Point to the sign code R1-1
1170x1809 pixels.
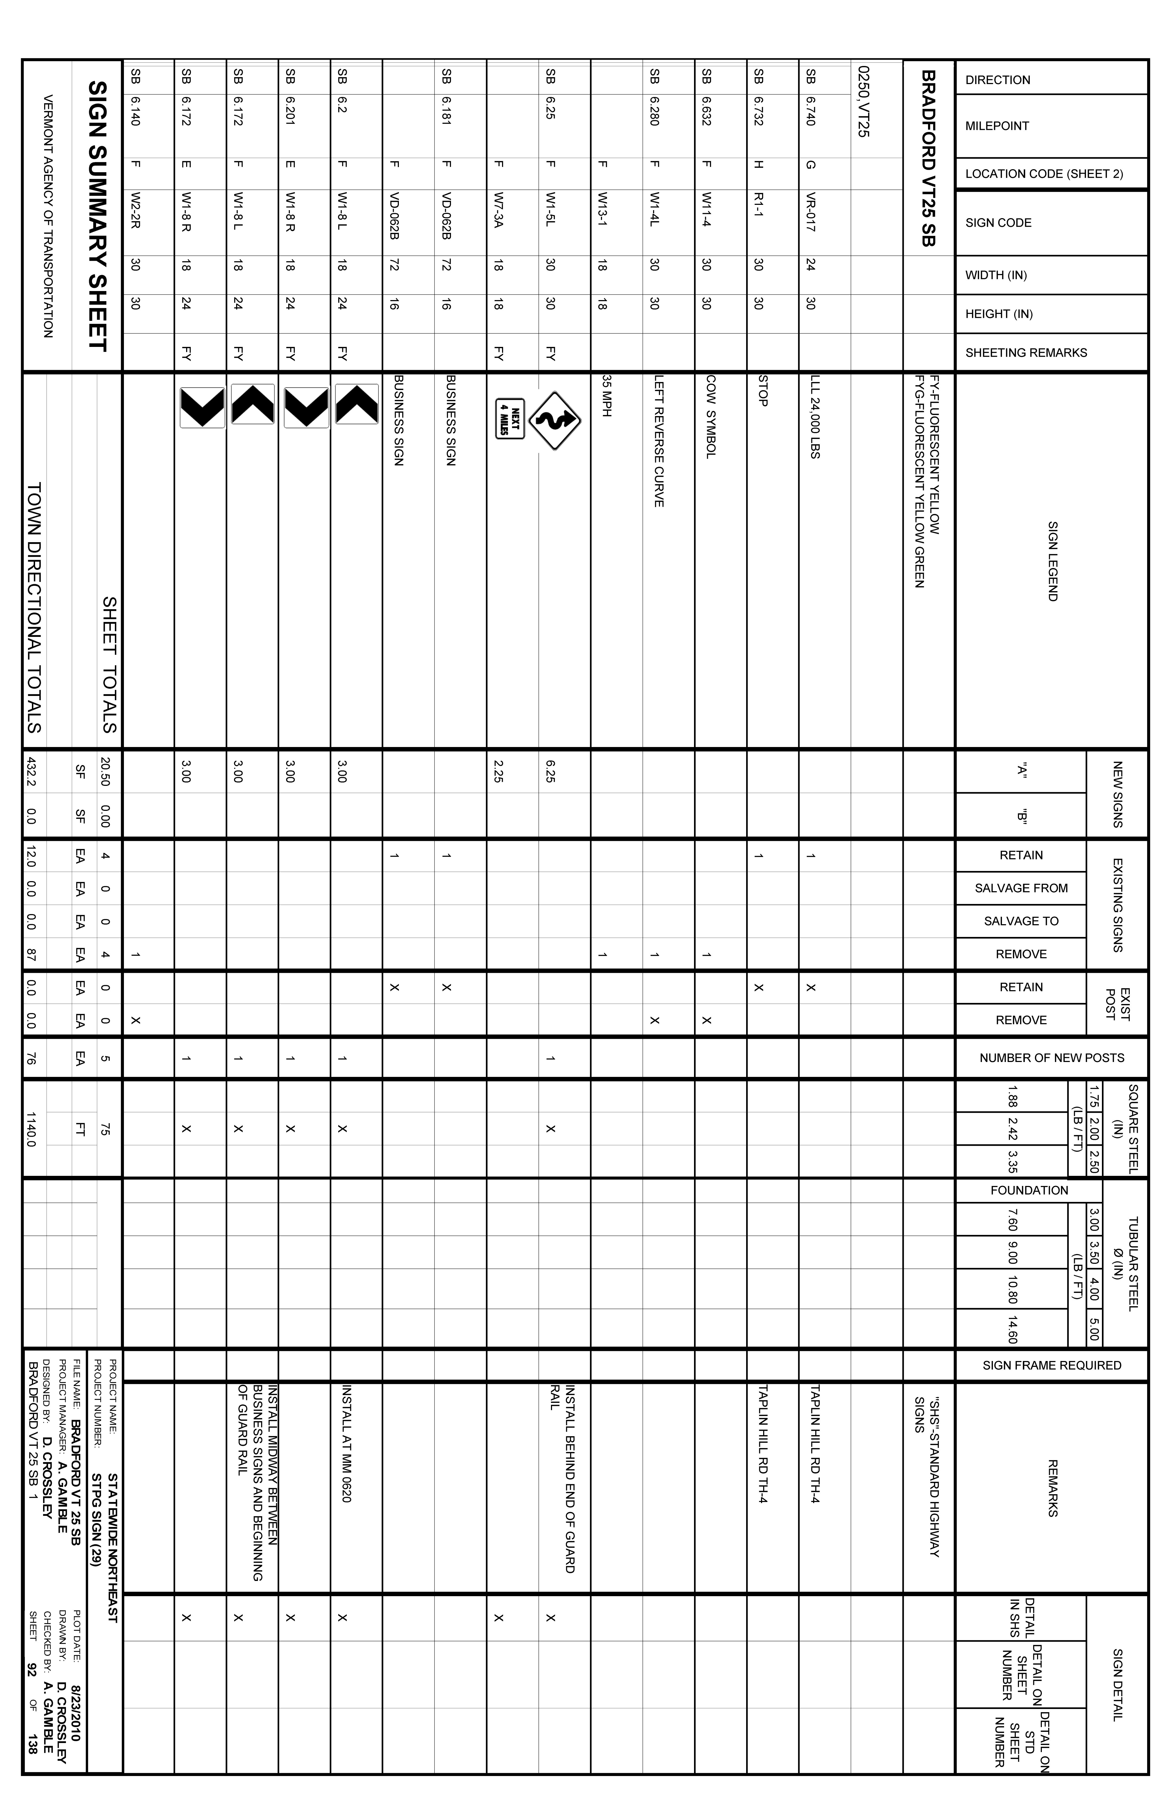(758, 205)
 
